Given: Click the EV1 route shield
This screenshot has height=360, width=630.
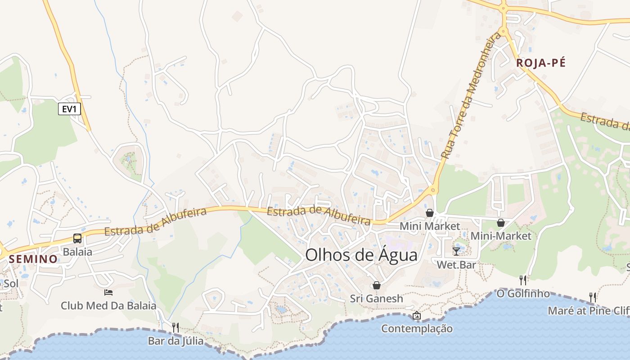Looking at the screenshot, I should click(69, 109).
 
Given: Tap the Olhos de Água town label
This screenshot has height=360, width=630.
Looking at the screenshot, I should click(361, 255).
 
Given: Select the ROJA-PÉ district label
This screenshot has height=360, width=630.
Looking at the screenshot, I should click(540, 63).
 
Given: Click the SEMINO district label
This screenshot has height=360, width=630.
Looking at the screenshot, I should click(33, 259).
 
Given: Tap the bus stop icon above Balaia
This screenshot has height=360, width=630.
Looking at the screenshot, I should click(77, 238).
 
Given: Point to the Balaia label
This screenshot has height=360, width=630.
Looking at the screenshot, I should click(77, 252).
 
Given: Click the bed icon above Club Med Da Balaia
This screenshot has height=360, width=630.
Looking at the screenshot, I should click(108, 292).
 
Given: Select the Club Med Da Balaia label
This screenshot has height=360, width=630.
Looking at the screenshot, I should click(108, 306).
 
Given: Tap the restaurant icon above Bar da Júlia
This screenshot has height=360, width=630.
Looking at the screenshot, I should click(175, 327).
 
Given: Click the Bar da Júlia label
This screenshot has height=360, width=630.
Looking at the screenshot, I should click(175, 341).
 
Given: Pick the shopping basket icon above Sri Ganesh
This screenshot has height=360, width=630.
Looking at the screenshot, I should click(377, 285).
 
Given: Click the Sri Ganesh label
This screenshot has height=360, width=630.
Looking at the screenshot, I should click(377, 299).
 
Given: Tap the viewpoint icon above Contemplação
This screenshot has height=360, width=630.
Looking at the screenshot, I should click(417, 315).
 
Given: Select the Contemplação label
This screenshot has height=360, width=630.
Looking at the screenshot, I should click(417, 329).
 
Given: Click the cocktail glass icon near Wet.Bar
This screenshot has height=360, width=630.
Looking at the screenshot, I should click(456, 251).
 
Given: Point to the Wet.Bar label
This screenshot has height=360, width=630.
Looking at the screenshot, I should click(456, 265).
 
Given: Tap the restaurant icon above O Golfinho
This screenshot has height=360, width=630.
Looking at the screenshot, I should click(522, 280).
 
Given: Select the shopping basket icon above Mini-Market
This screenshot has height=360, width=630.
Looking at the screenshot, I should click(500, 223).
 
